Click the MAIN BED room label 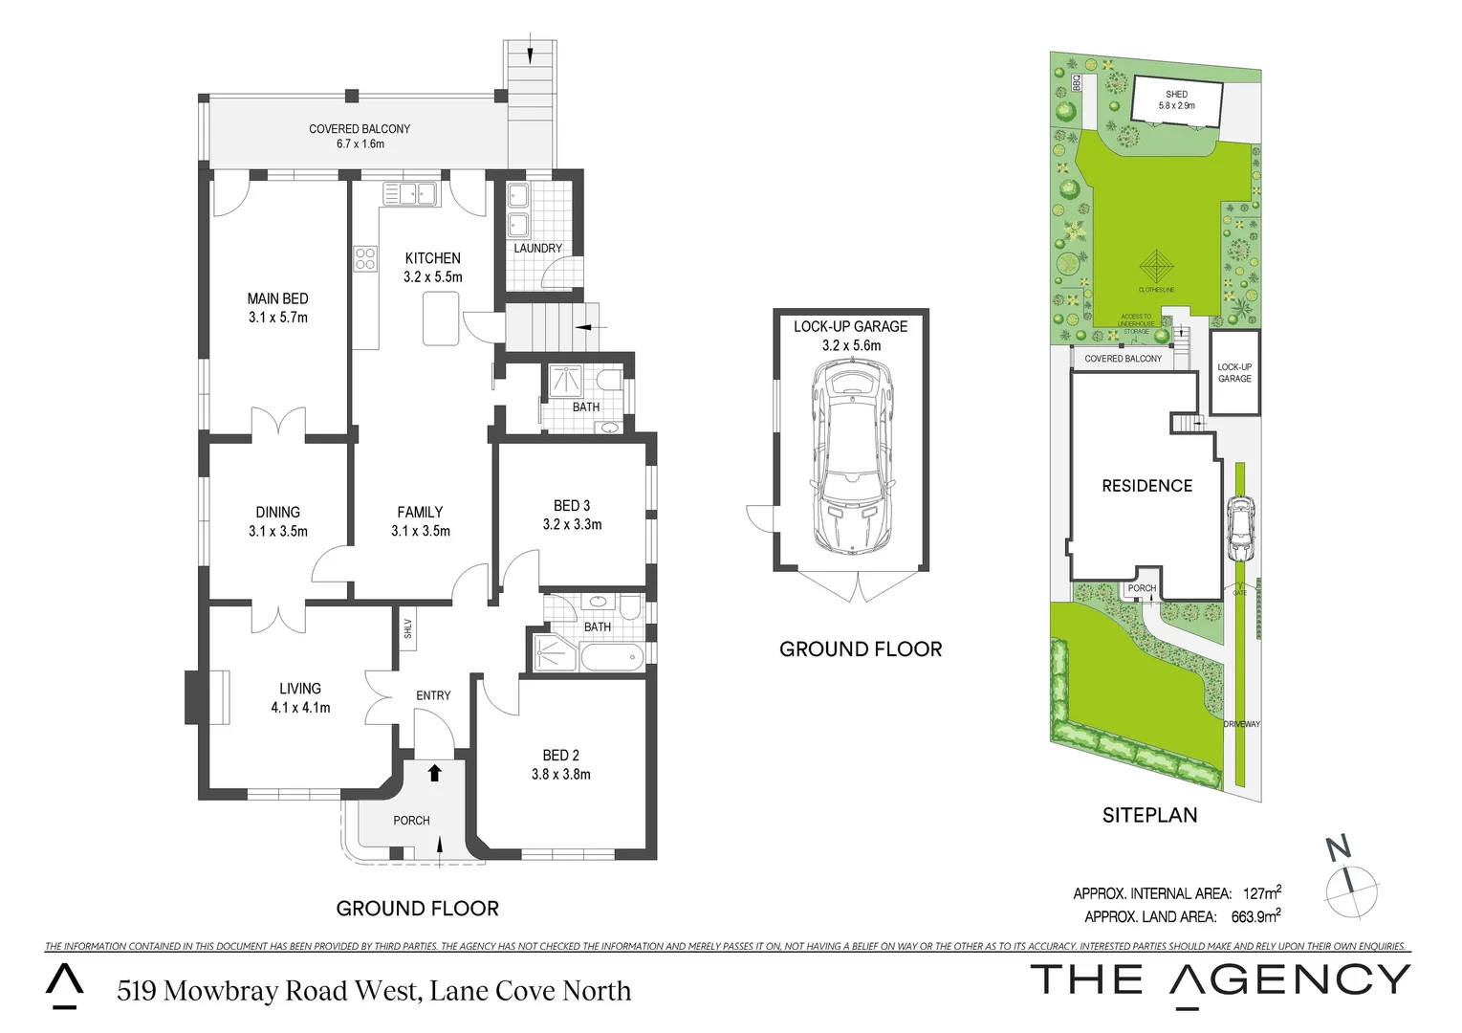(277, 299)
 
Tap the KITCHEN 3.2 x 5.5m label (432, 267)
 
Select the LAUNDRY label (537, 248)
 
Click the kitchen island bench (441, 319)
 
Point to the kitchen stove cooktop (365, 258)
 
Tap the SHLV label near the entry (407, 628)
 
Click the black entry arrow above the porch (434, 772)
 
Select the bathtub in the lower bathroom (612, 657)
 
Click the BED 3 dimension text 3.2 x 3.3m (572, 524)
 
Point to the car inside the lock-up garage (851, 459)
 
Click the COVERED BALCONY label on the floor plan (360, 129)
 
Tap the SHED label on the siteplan (1176, 94)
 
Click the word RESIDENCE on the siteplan (1146, 486)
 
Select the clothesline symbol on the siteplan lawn (1156, 264)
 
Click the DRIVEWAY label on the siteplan (1241, 724)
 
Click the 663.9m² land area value (1255, 916)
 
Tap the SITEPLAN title (1149, 815)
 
